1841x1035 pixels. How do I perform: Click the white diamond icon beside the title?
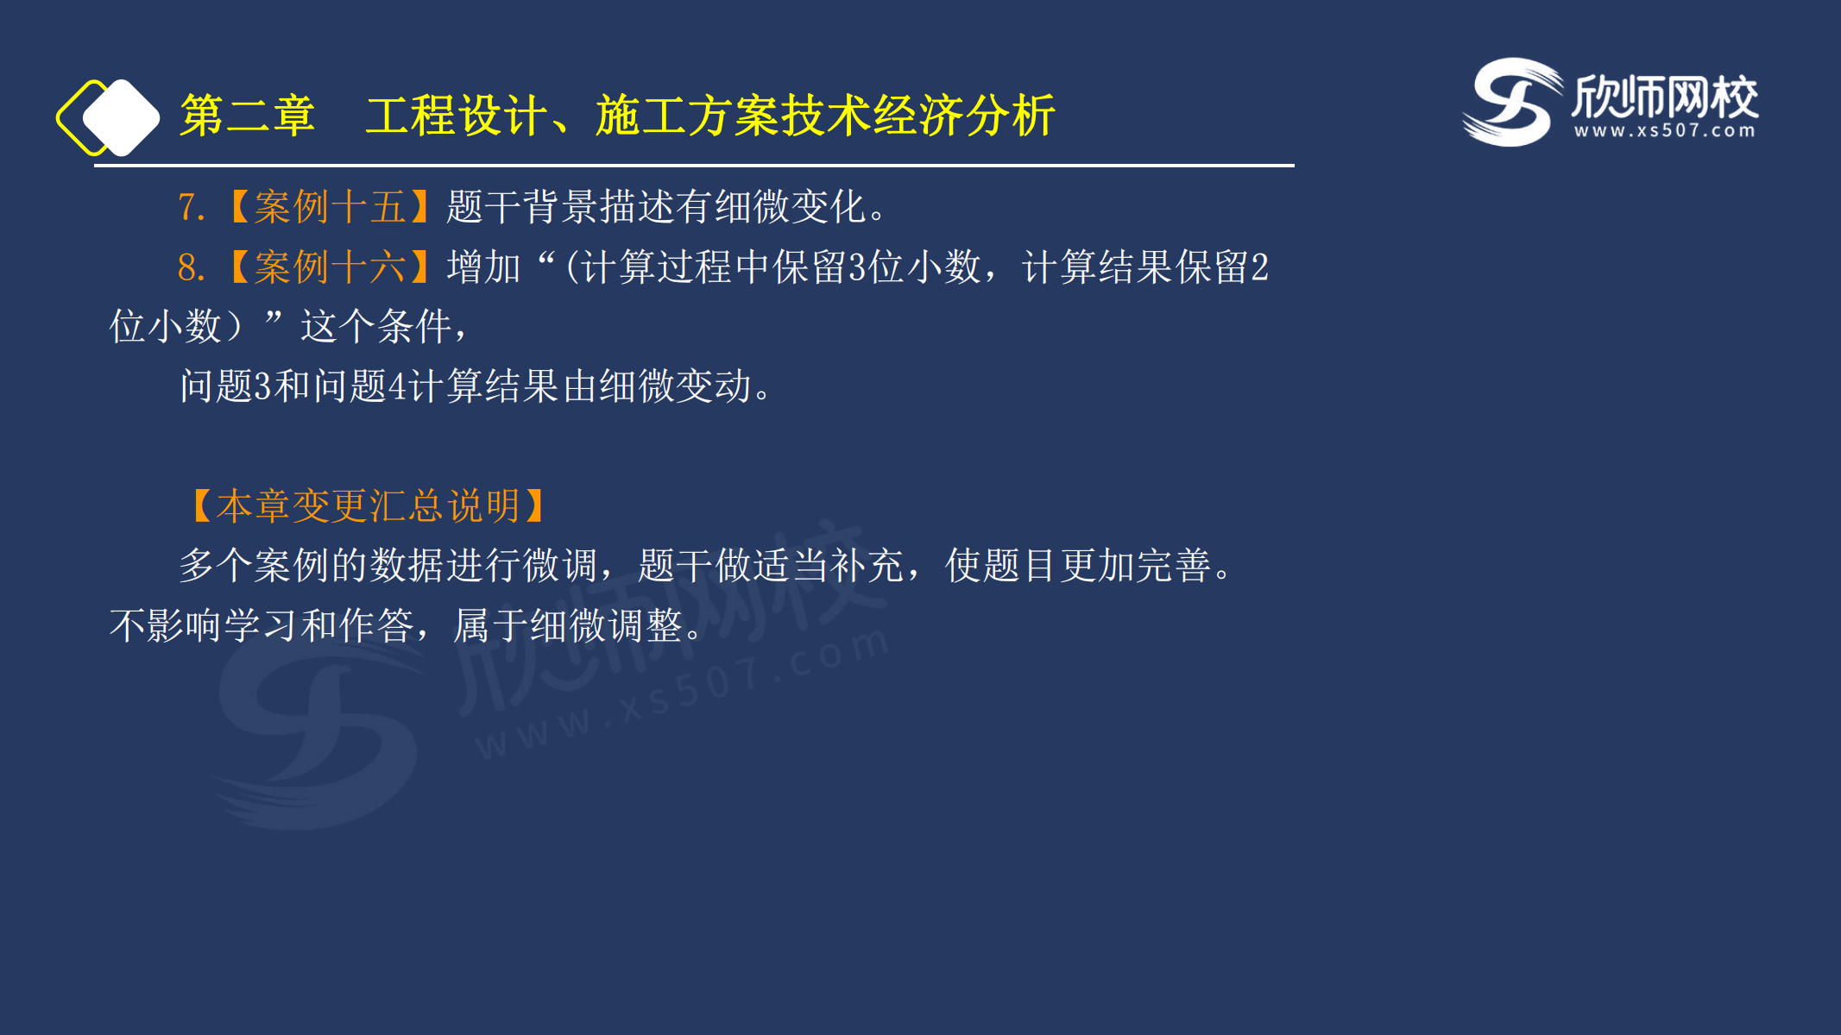tap(122, 118)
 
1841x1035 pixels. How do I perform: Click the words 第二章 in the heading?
tap(247, 116)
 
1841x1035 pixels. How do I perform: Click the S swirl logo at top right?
tap(1512, 102)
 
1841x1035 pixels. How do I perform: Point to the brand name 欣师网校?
tap(1665, 96)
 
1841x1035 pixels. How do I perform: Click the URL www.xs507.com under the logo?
tap(1665, 131)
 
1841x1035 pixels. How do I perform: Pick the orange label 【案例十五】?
tap(331, 207)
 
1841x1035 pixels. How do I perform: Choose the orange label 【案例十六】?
tap(331, 267)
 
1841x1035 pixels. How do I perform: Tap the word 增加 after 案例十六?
tap(484, 267)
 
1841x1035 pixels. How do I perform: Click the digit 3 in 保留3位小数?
tap(857, 267)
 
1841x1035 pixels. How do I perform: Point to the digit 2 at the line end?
tap(1259, 267)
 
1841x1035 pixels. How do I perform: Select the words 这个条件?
tap(376, 327)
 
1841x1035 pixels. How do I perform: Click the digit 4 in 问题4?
tap(397, 386)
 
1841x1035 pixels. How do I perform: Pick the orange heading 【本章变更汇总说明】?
tap(369, 506)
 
